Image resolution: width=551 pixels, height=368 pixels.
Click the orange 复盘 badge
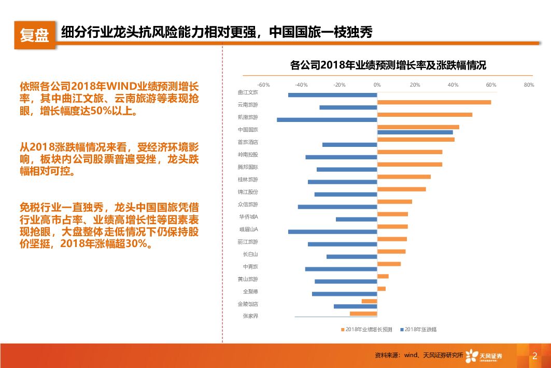click(x=34, y=35)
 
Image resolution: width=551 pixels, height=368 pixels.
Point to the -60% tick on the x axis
click(x=263, y=85)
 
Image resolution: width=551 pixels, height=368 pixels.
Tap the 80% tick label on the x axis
click(x=529, y=85)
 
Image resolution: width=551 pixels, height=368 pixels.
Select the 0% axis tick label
click(x=377, y=85)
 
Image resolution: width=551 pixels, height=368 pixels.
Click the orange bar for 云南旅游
click(x=434, y=102)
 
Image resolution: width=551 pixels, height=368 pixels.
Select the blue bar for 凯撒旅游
click(x=327, y=120)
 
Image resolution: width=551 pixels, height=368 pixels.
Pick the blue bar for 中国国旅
click(x=415, y=132)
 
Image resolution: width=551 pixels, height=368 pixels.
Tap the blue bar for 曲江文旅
click(x=332, y=95)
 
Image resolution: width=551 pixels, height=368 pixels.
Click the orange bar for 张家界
click(x=363, y=314)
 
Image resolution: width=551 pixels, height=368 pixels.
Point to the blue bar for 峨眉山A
click(x=332, y=231)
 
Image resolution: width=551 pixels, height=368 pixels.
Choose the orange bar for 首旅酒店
click(x=416, y=140)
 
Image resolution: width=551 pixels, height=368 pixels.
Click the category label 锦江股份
click(x=248, y=192)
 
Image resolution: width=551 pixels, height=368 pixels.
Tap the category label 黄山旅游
click(x=248, y=279)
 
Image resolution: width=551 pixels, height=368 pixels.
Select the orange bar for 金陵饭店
click(x=369, y=301)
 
